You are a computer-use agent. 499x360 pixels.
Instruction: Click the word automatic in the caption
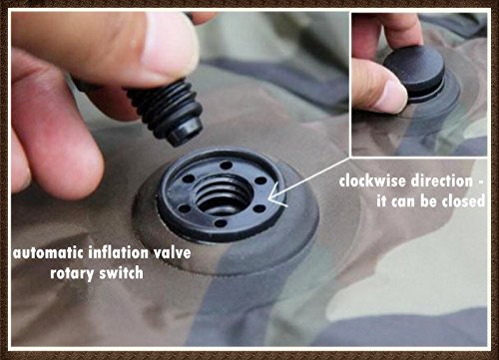(48, 253)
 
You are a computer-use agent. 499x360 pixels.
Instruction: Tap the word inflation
(119, 252)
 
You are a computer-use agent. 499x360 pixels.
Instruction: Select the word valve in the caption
(173, 253)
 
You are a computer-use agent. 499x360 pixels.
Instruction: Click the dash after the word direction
(480, 182)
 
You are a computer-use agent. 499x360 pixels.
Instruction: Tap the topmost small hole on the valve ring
(227, 165)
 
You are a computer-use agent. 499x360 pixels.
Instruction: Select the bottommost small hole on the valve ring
(221, 223)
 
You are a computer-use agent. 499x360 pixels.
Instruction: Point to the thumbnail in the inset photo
(395, 96)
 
